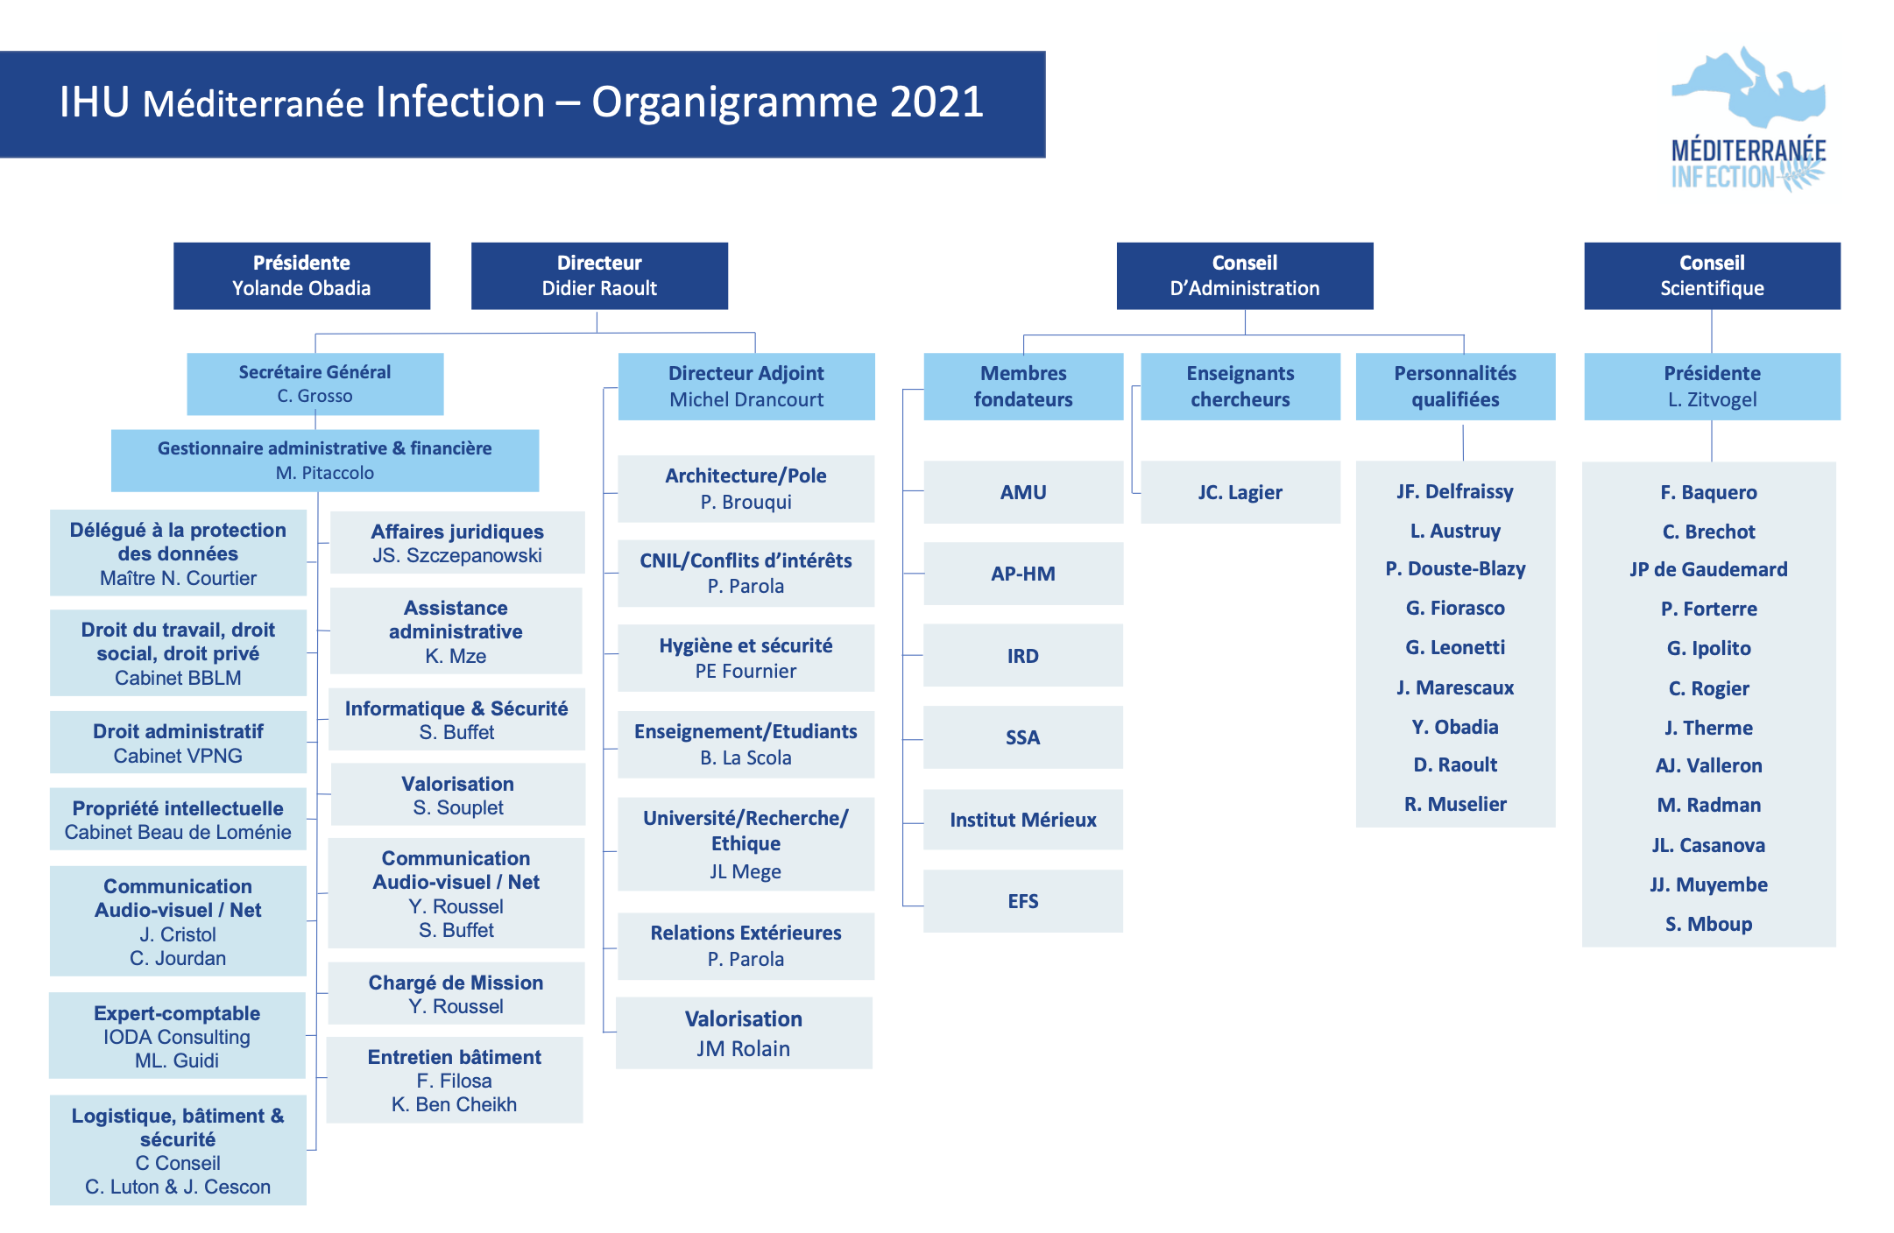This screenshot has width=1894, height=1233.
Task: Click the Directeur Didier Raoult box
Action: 599,276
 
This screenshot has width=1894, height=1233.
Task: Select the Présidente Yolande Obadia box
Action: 301,276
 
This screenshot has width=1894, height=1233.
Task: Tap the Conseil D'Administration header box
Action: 1244,276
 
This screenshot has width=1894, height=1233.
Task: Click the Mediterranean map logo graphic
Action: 1749,88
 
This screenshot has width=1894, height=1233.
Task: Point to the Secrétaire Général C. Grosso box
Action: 314,384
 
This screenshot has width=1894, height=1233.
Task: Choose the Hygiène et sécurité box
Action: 746,658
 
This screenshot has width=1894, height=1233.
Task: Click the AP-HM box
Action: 1022,574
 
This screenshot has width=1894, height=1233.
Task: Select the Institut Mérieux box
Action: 1022,820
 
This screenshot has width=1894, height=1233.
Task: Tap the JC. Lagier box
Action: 1240,492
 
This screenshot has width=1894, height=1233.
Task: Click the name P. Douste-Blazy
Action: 1455,569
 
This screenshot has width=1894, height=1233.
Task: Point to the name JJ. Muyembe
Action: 1708,884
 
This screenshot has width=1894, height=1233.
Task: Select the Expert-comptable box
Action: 177,1036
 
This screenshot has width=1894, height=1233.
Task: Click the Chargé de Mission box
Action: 456,994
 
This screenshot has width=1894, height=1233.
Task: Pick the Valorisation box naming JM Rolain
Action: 744,1033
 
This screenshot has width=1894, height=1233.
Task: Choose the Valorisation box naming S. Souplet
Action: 457,795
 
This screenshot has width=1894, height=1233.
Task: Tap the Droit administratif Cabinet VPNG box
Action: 178,743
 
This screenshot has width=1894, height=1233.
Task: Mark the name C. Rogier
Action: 1708,688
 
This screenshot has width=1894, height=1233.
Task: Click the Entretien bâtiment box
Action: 454,1080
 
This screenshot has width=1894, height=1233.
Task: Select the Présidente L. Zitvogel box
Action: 1712,386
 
